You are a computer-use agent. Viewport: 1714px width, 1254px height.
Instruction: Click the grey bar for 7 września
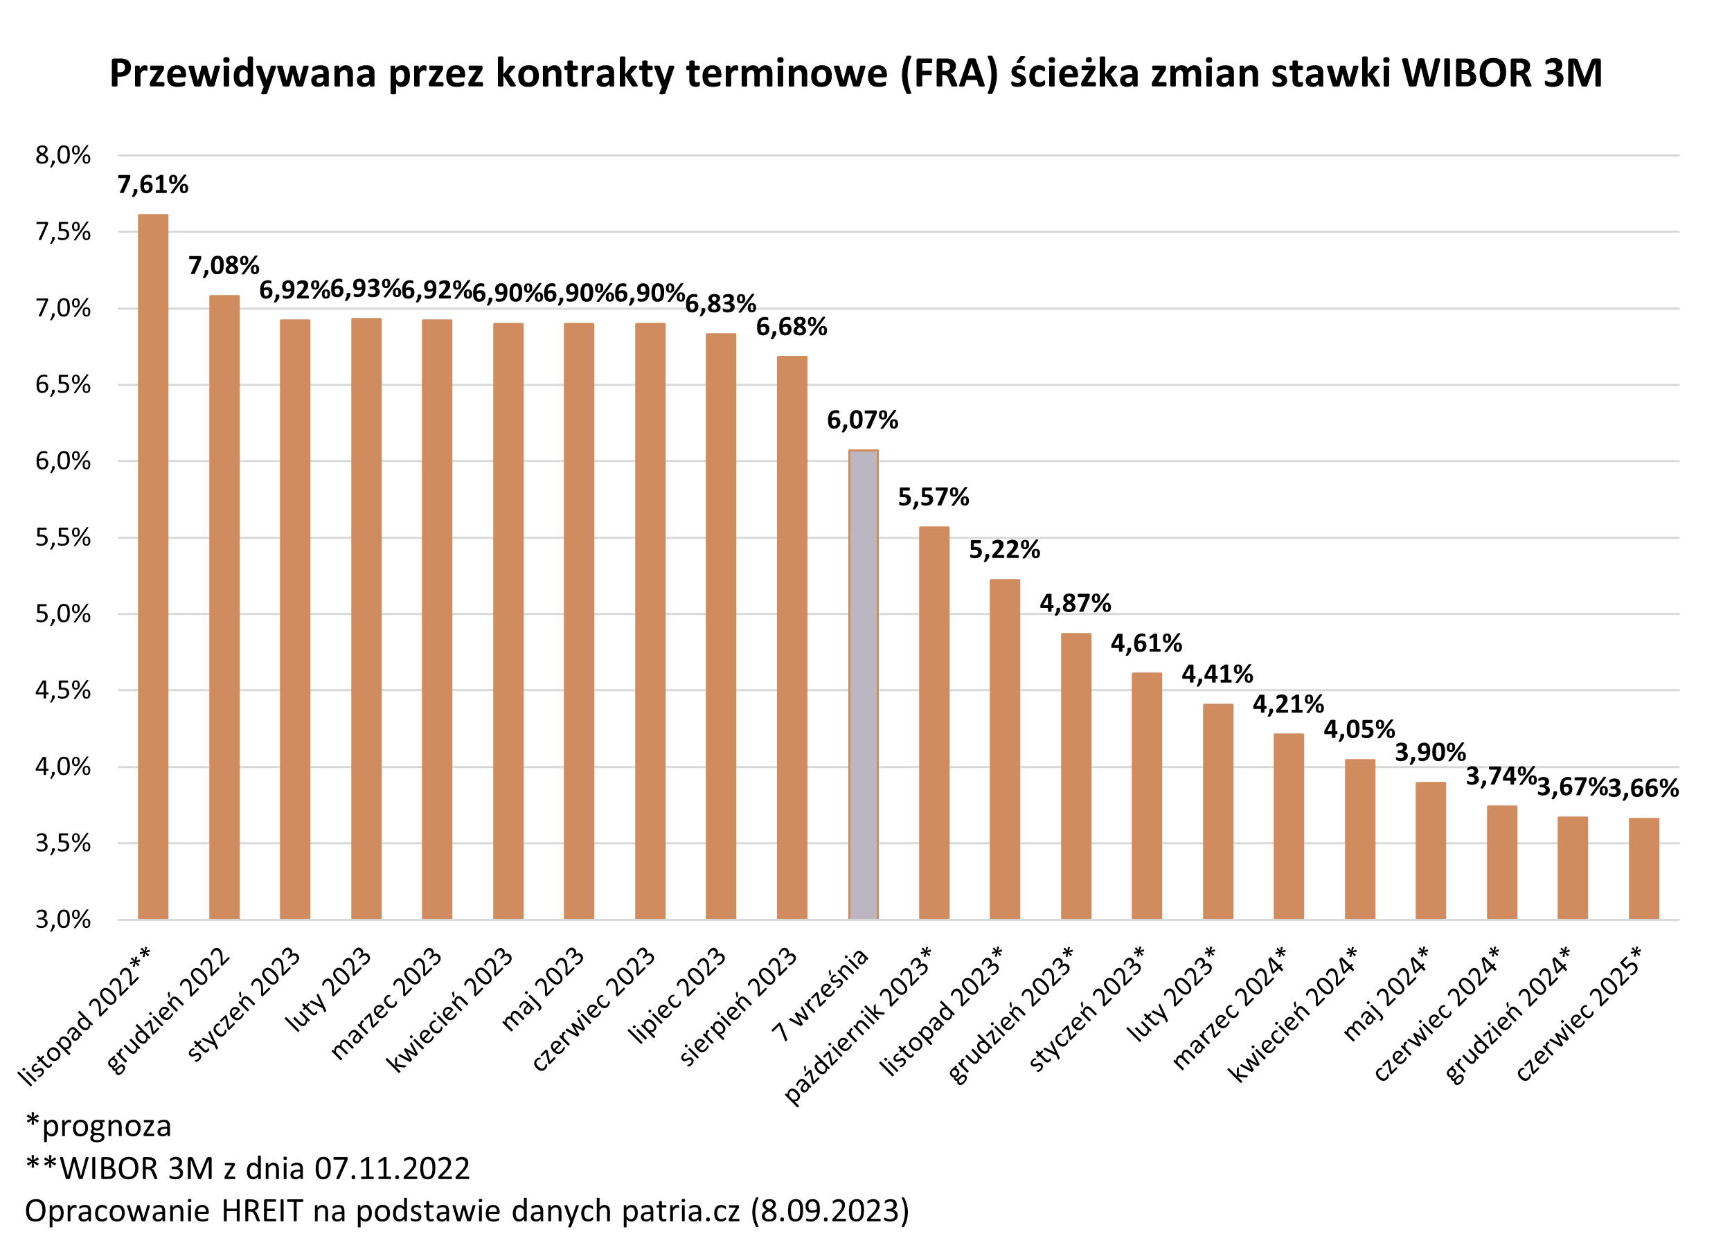coord(863,685)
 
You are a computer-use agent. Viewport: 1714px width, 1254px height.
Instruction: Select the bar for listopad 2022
coord(152,566)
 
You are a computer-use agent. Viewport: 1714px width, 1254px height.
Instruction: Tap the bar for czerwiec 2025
coord(1643,868)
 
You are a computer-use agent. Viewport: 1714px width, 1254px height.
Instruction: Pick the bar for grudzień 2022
coord(224,607)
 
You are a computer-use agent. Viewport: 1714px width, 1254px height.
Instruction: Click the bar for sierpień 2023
coord(792,638)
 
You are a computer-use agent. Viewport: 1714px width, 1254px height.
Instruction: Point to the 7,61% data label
coord(152,184)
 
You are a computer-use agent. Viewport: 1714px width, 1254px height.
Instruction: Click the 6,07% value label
coord(862,420)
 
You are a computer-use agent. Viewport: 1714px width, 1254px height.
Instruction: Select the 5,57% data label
coord(933,497)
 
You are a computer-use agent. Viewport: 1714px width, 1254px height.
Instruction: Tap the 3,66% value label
coord(1643,789)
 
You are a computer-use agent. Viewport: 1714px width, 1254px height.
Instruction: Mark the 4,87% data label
coord(1075,604)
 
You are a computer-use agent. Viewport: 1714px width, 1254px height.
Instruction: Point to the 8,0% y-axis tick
coord(63,156)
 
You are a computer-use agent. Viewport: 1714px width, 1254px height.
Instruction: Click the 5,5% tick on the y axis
coord(63,537)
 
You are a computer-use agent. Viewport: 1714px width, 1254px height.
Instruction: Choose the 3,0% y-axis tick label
coord(63,920)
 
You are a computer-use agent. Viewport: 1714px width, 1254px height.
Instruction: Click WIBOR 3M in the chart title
coord(1501,73)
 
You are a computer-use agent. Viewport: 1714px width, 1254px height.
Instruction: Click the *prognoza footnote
coord(98,1126)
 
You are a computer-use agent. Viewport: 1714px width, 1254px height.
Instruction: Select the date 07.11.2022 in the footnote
coord(393,1168)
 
